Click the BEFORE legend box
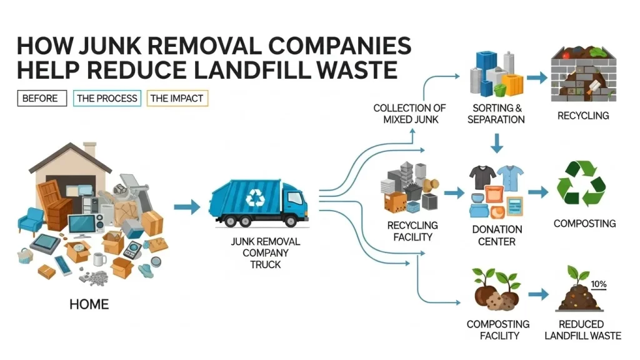pos(40,98)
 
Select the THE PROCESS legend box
pos(107,98)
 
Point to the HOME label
pos(89,305)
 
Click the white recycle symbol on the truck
pos(256,198)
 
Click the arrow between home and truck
pos(186,206)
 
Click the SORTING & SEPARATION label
pos(496,113)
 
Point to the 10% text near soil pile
pos(598,284)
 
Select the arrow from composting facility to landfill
pos(538,294)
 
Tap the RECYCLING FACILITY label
pos(412,231)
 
